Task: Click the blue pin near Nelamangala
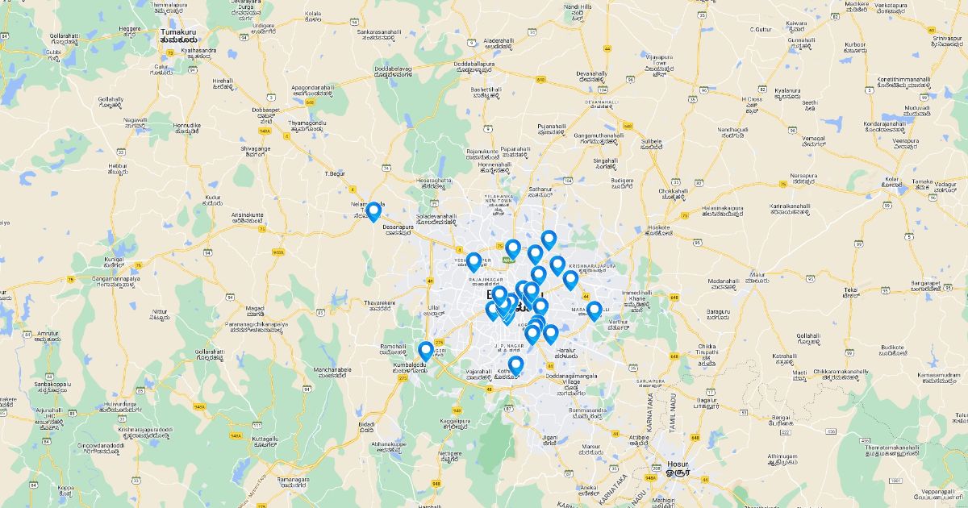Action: [373, 212]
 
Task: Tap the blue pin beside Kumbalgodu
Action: [426, 351]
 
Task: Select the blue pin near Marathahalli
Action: [595, 310]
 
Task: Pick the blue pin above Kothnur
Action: [516, 366]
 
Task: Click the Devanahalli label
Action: [591, 76]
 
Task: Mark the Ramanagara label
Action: [293, 481]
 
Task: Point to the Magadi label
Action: [255, 309]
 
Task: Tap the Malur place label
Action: [756, 276]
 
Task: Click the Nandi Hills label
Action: [578, 10]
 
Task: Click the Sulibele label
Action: [651, 143]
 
